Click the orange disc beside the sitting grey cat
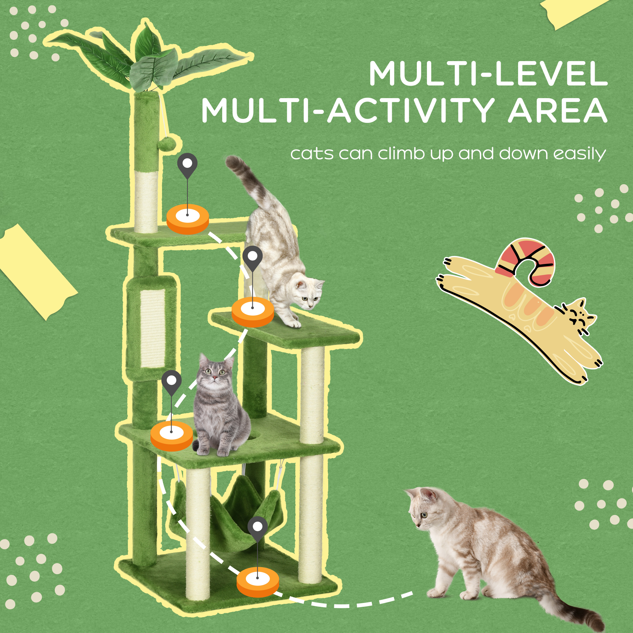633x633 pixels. coord(172,436)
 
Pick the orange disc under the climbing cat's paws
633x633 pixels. coord(253,311)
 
